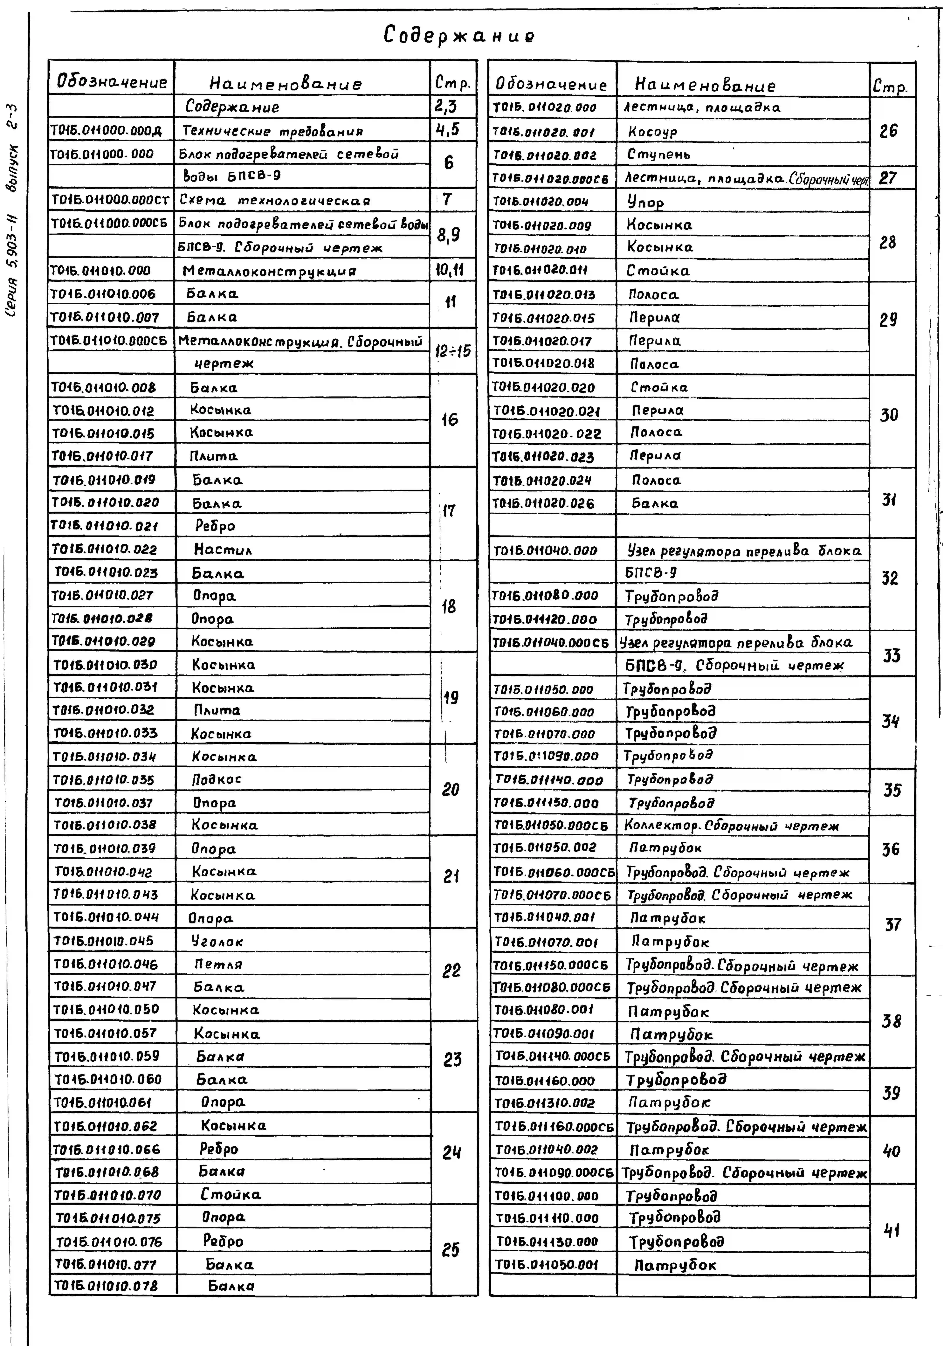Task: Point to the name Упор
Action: coord(645,202)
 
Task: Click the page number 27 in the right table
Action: coord(888,178)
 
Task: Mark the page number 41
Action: coord(891,1230)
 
